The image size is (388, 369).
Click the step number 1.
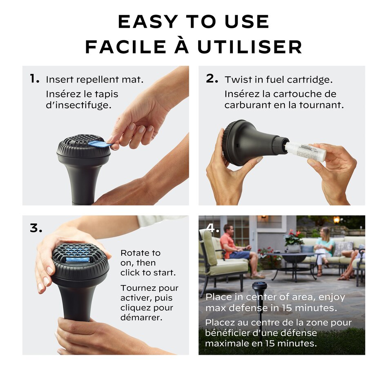pos(34,79)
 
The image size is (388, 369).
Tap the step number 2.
pos(212,79)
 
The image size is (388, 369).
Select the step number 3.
pos(36,228)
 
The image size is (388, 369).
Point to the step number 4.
pos(212,228)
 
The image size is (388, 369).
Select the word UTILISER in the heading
pos(250,47)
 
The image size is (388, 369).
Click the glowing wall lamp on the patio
pos(336,220)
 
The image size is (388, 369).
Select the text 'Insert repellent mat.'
pos(94,79)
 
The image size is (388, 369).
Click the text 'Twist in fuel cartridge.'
pos(279,79)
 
